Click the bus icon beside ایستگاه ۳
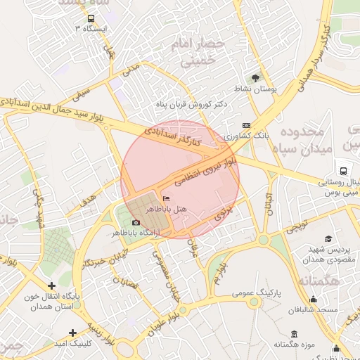[91, 18]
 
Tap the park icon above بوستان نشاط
[255, 78]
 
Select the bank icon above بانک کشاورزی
[245, 125]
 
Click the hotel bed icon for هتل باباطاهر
[165, 200]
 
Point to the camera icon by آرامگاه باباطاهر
[136, 223]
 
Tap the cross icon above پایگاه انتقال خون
[51, 285]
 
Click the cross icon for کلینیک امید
[72, 332]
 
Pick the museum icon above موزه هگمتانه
[293, 333]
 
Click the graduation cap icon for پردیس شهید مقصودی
[329, 239]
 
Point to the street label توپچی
[295, 228]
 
